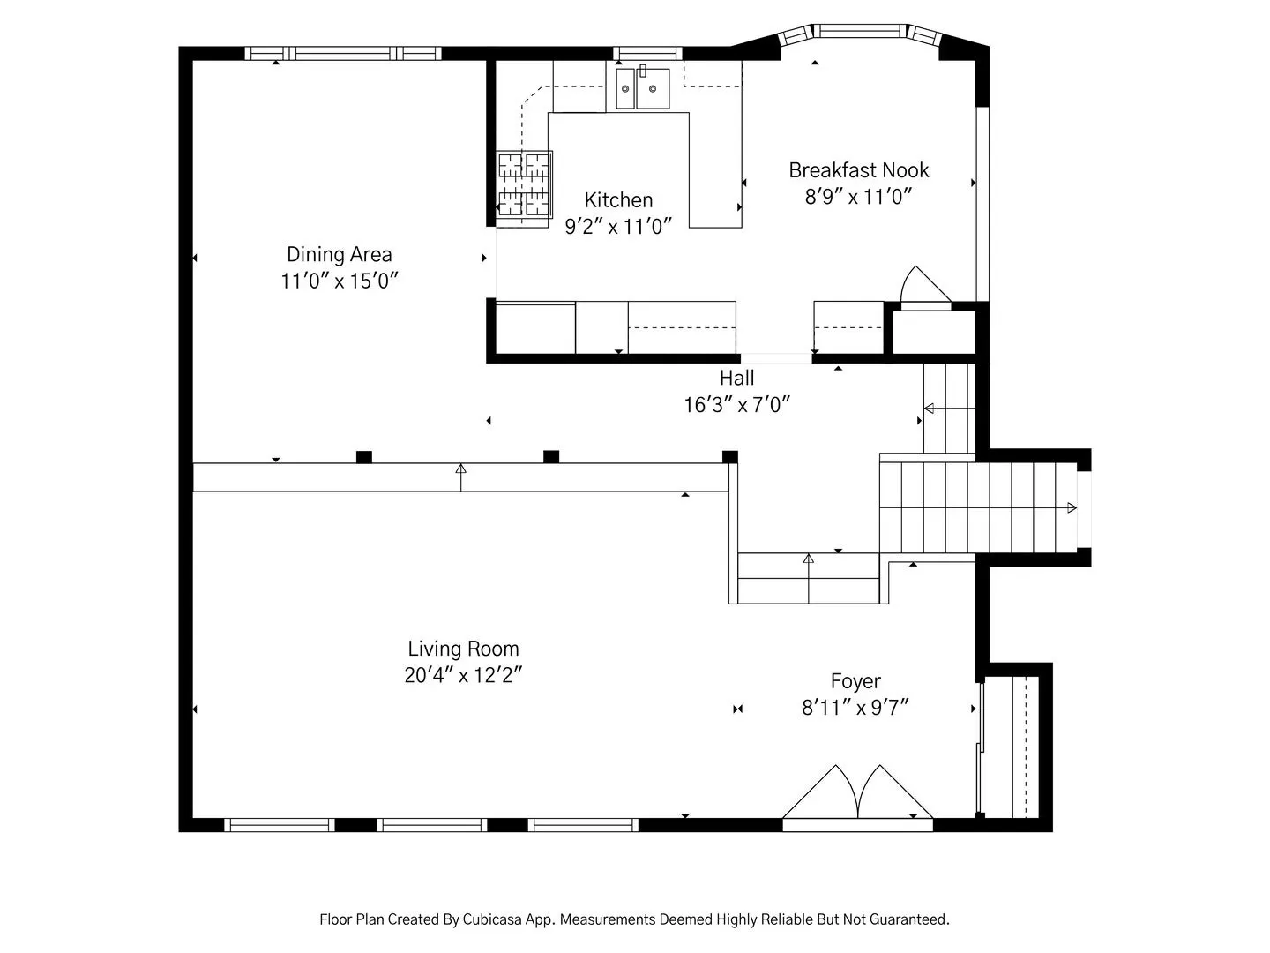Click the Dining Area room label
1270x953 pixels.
[339, 255]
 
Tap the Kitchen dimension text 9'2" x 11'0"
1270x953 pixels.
[618, 226]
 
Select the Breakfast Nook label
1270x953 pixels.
[859, 170]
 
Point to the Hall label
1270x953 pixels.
[736, 378]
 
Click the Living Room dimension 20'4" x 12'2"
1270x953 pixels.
[463, 675]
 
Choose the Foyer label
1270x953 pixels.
[855, 681]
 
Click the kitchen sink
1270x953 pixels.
[642, 88]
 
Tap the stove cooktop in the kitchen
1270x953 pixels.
[524, 185]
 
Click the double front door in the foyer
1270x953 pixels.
[857, 799]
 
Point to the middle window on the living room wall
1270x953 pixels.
[432, 824]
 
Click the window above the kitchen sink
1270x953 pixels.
[647, 53]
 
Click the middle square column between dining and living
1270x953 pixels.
[551, 456]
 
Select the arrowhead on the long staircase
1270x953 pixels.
[1072, 508]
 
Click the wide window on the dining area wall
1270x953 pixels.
[342, 53]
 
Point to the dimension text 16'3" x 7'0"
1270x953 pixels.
[736, 405]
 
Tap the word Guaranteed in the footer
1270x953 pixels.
[914, 919]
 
